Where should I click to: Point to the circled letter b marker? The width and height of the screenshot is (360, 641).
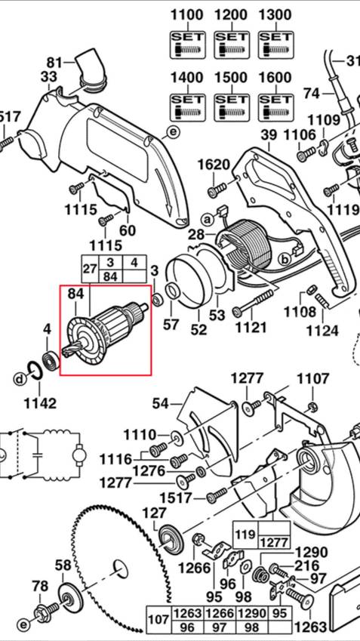[x=285, y=259]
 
